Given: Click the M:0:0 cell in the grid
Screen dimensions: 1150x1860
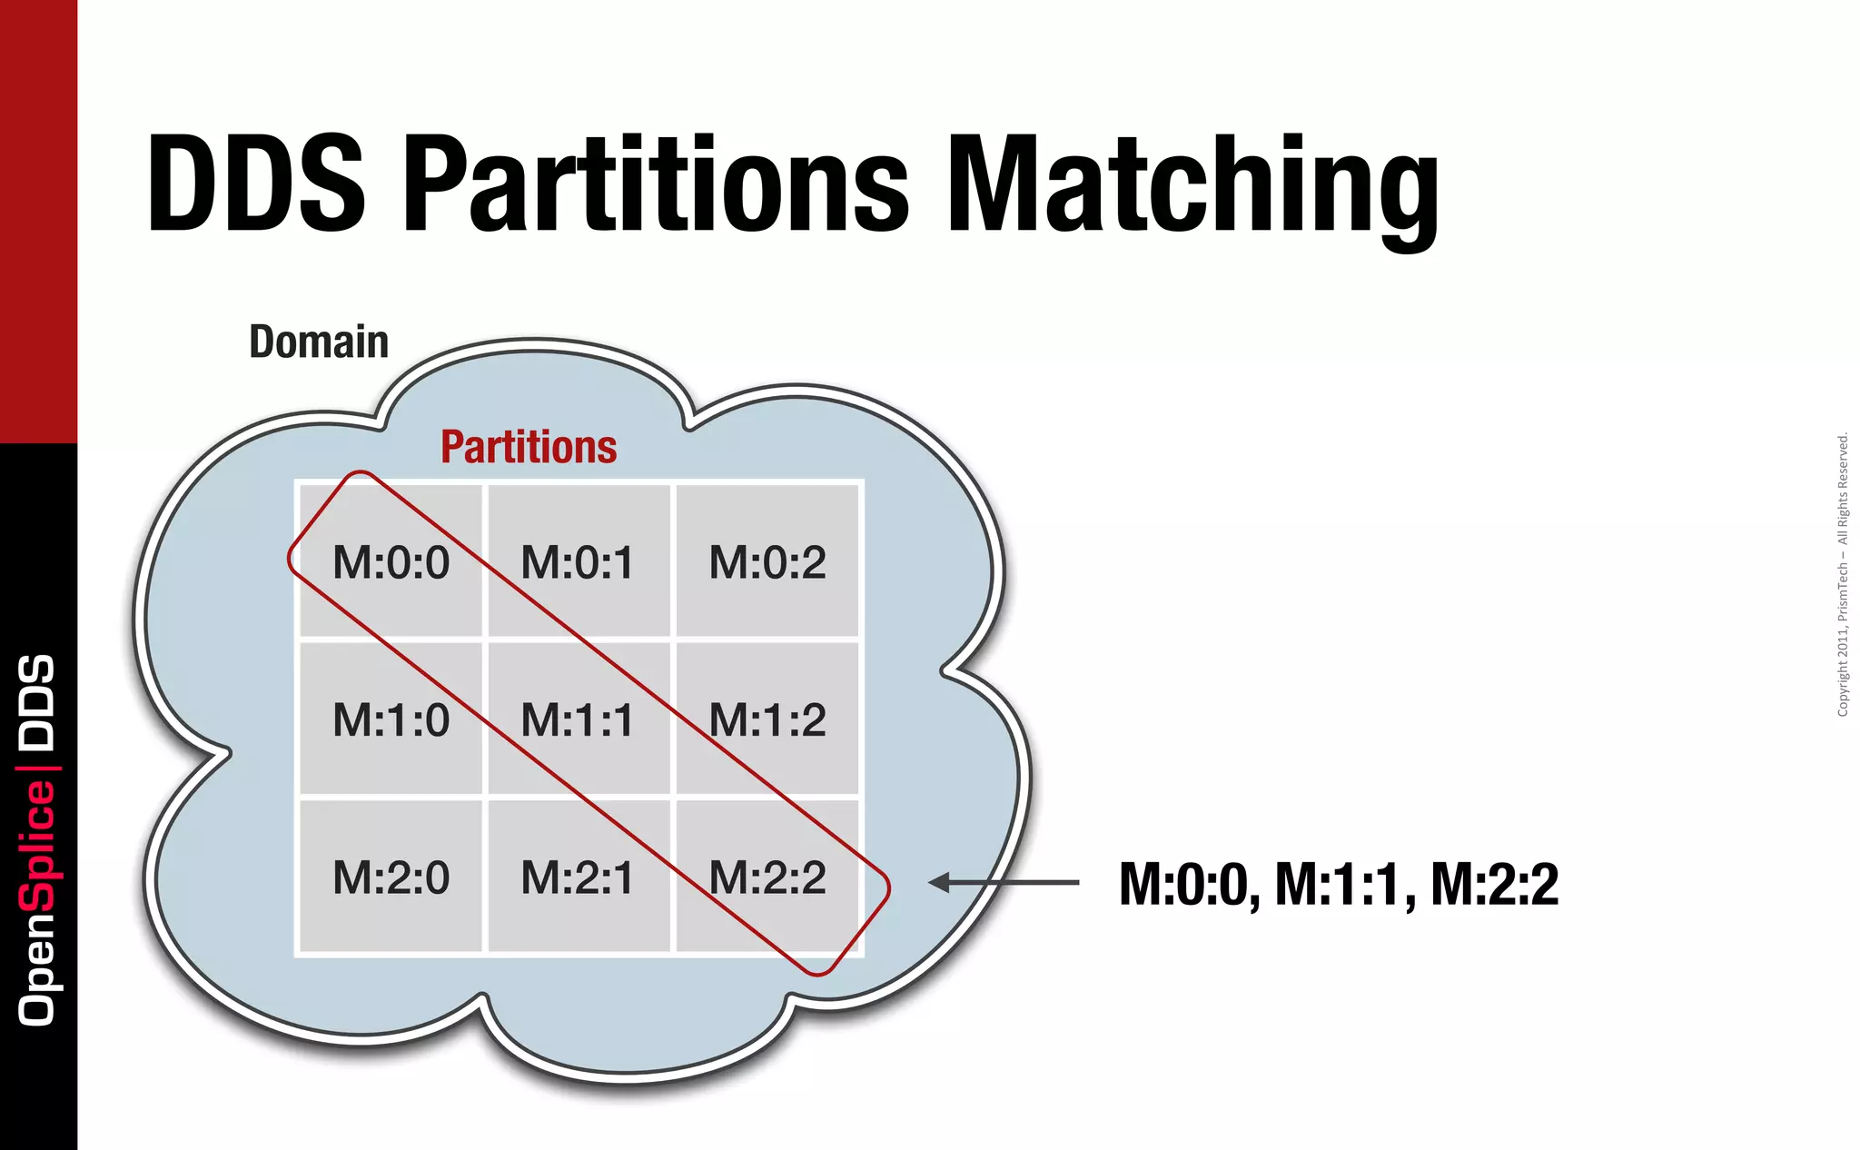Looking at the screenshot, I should point(391,562).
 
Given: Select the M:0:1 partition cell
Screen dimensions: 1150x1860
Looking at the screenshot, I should point(578,562).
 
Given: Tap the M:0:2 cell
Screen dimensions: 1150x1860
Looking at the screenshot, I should point(767,562).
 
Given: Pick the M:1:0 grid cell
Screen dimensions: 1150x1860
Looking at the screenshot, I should point(391,720).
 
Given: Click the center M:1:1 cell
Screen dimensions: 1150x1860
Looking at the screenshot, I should point(578,720).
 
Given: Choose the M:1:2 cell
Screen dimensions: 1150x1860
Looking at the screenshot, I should point(767,720).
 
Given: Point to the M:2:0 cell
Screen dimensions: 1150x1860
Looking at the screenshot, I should point(391,877).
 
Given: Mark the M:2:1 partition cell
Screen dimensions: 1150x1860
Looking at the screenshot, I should point(578,877).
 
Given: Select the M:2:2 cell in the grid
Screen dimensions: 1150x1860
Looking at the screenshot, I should point(767,877).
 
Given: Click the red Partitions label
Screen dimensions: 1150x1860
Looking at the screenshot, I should point(529,447).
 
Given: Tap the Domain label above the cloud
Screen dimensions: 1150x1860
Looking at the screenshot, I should point(319,342).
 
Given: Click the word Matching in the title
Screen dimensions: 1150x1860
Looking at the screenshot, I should point(1192,185).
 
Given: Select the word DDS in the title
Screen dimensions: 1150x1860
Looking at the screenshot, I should point(256,185).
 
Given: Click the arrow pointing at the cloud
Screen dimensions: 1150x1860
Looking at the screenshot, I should point(1004,882).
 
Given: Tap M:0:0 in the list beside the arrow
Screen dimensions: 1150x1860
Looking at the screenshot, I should point(1188,885).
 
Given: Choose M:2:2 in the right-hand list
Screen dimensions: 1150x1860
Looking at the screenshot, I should point(1495,885).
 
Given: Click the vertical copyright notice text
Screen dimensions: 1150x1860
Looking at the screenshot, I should point(1843,575).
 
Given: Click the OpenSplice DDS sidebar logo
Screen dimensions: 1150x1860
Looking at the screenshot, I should point(37,839).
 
